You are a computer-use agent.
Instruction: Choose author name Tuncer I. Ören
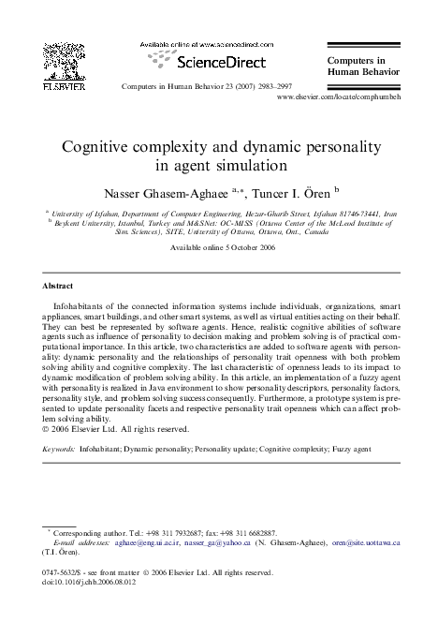click(x=284, y=191)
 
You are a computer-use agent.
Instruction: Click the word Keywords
click(x=60, y=450)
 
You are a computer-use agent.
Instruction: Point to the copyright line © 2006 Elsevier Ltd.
click(x=116, y=429)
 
